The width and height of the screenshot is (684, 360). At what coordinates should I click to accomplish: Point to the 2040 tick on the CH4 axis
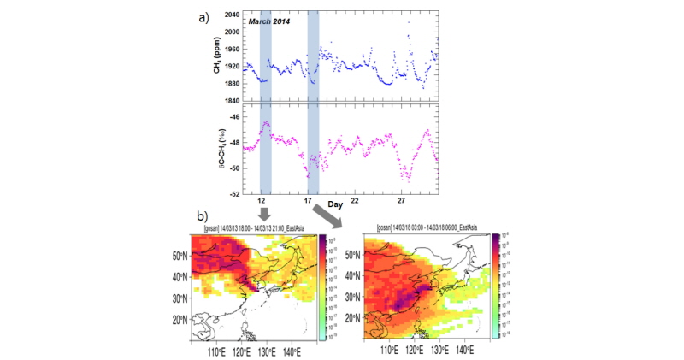pos(230,15)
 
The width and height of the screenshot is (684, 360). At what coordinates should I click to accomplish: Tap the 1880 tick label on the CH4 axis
pos(230,83)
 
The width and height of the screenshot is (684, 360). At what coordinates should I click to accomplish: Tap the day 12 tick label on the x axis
pos(265,201)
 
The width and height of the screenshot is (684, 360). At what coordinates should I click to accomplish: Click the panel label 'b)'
pos(203,217)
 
